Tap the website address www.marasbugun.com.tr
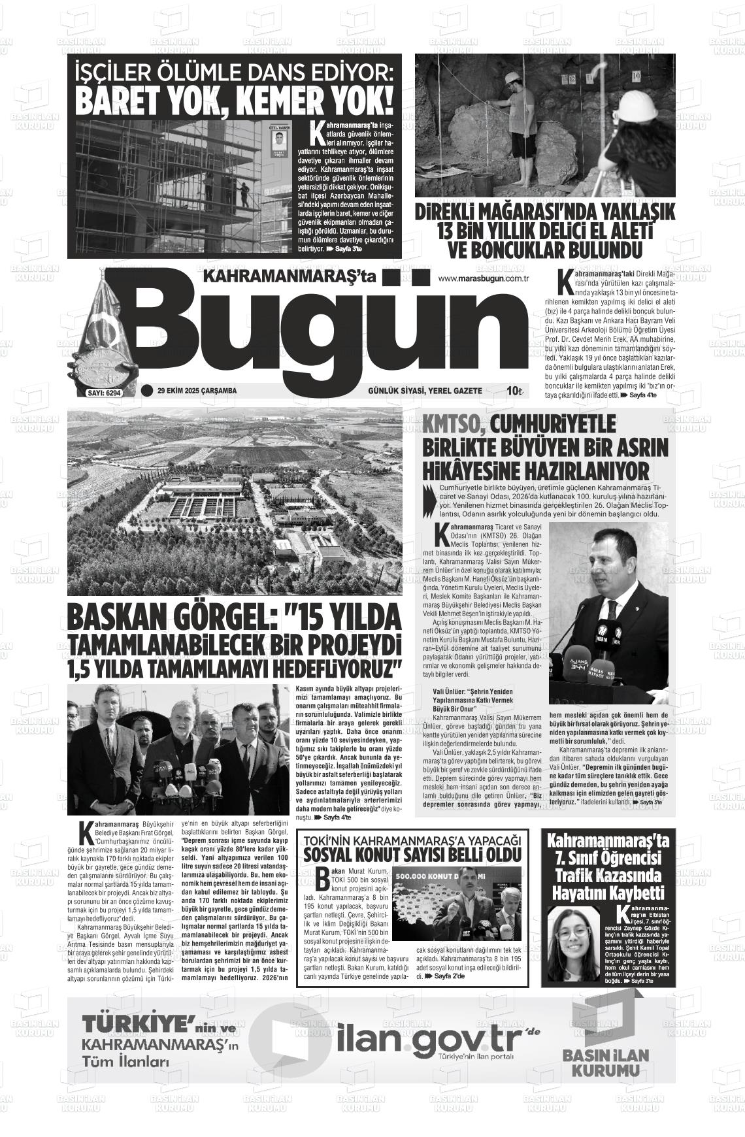(483, 279)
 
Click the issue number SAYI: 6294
(105, 393)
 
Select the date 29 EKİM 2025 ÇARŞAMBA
(197, 391)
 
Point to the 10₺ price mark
(515, 391)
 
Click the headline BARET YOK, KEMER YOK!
(235, 100)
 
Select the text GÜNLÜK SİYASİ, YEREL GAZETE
(425, 391)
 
